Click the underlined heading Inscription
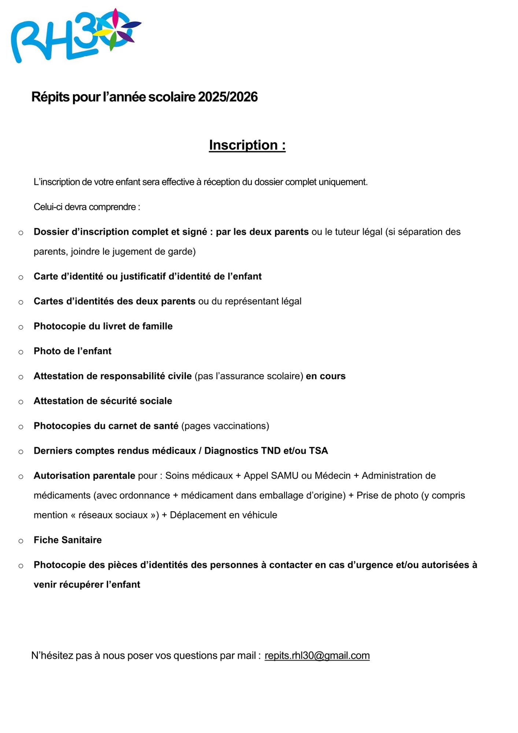[x=247, y=145]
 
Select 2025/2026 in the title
[x=228, y=97]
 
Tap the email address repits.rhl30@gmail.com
[x=317, y=655]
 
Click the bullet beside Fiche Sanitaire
[x=21, y=541]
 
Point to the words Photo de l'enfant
[x=73, y=351]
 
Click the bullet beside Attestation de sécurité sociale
[x=21, y=402]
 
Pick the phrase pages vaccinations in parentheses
[x=225, y=426]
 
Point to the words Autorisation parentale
[x=84, y=476]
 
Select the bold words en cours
[x=326, y=376]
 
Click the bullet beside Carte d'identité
[x=21, y=277]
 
